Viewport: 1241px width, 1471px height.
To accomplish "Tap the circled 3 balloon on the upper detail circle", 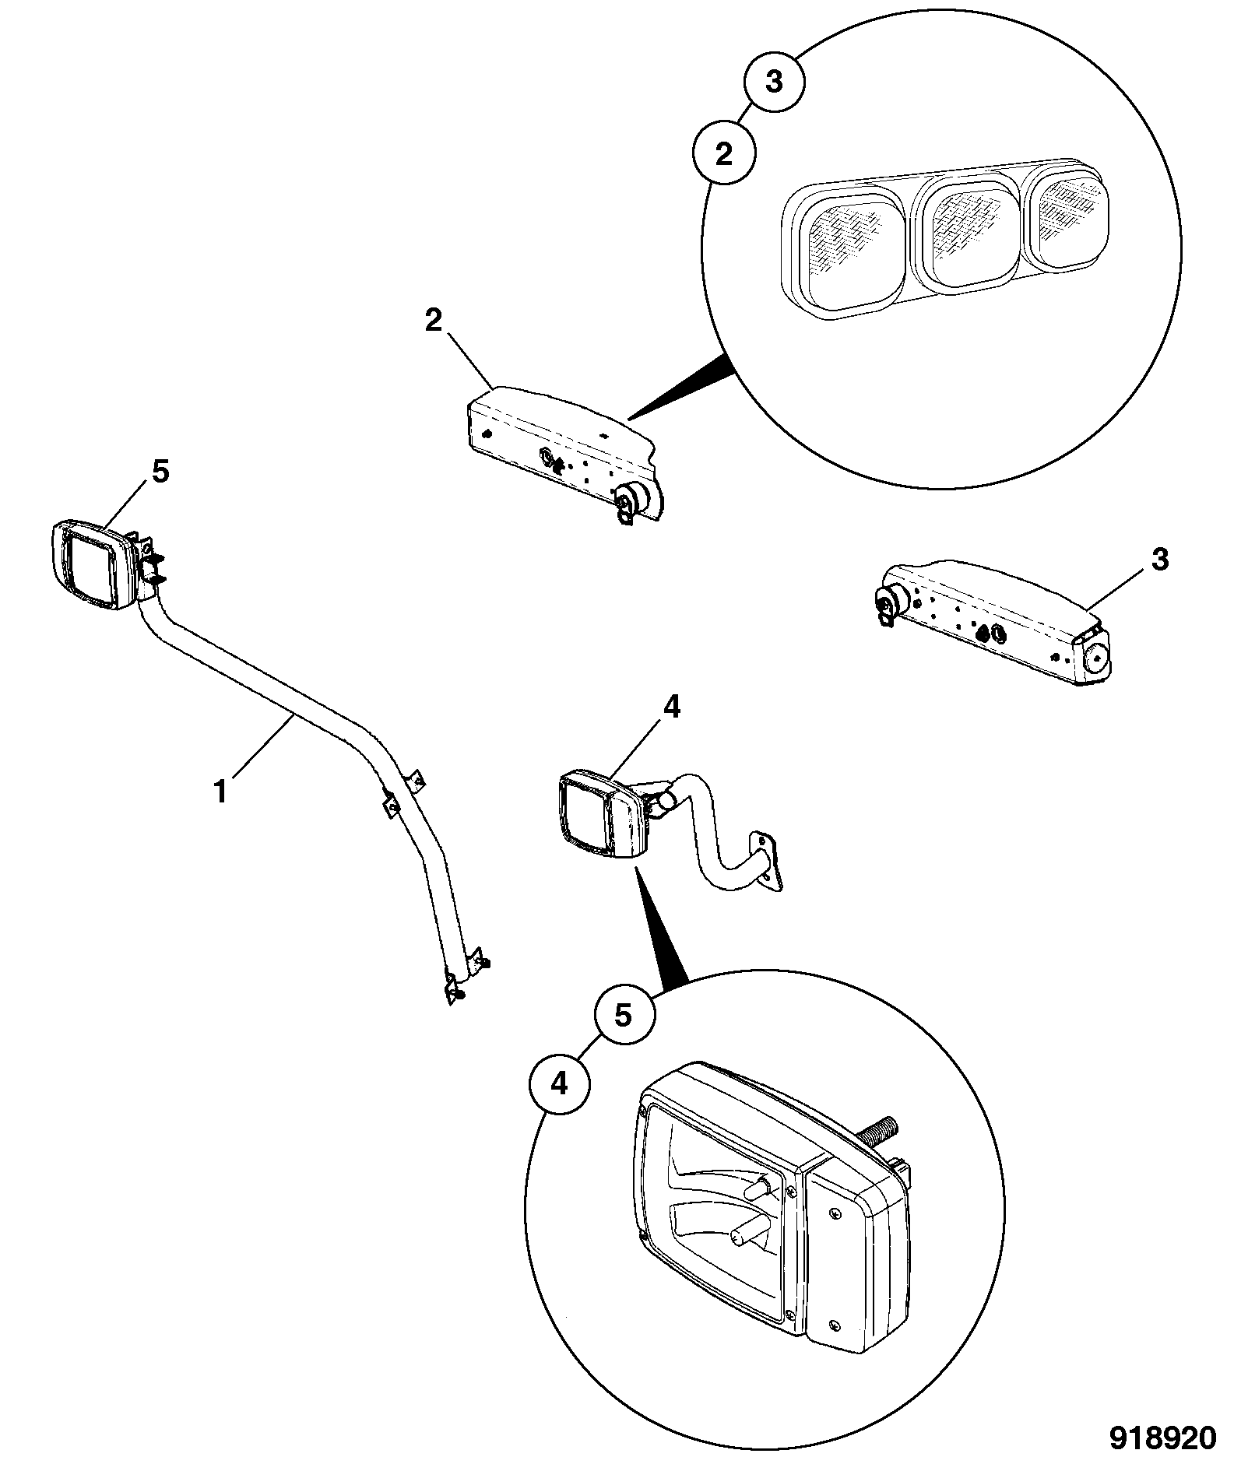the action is click(774, 82).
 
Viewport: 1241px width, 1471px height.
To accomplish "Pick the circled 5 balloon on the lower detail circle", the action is click(624, 1014).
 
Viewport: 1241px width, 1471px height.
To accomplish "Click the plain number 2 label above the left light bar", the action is click(434, 321).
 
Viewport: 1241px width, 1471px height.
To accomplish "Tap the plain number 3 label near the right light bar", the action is click(1160, 560).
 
